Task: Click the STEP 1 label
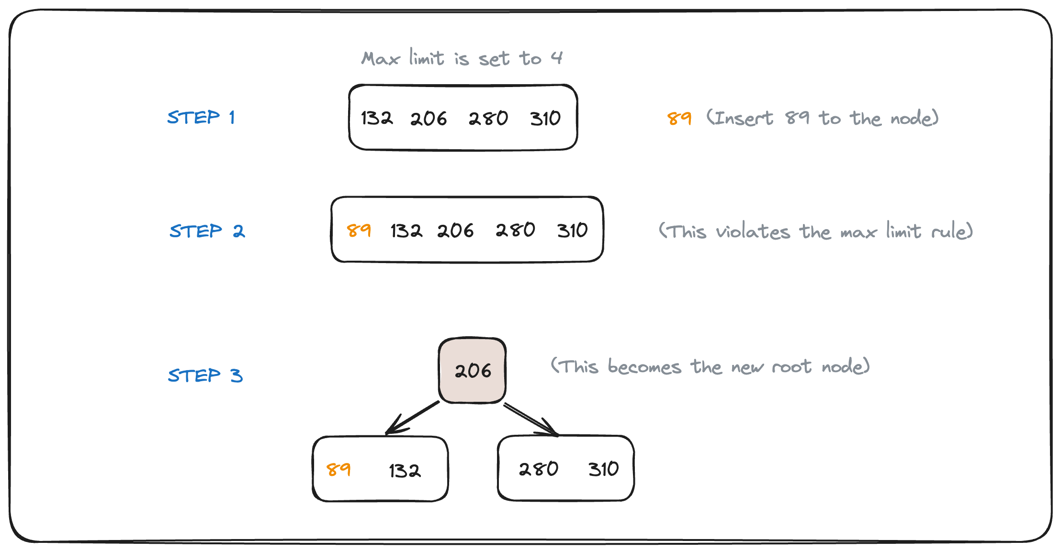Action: point(201,117)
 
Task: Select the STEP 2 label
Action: point(207,231)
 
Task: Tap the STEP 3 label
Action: point(205,375)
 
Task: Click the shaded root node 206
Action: point(473,371)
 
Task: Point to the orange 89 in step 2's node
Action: point(359,230)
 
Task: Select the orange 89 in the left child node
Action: point(339,469)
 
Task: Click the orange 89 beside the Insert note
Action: point(679,118)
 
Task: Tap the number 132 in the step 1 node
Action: point(377,118)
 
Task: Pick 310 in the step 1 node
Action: point(545,118)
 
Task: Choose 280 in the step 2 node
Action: point(515,230)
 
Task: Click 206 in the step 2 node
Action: point(455,231)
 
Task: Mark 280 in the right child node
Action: point(539,469)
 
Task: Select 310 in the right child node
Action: point(604,469)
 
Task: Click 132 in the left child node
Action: point(405,471)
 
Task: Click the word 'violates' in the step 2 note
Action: point(753,232)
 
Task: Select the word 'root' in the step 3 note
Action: point(791,367)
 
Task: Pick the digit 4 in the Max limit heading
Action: point(556,58)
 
